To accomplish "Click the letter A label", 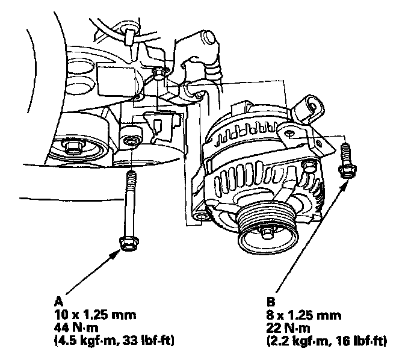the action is [59, 301].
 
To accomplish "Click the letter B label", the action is [271, 302].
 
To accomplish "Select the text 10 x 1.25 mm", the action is [95, 315].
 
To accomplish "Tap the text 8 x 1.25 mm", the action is [304, 315].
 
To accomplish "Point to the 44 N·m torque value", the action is [76, 327].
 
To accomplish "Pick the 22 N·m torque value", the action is [288, 328].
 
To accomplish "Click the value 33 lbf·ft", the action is [147, 341].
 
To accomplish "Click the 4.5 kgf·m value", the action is [86, 341].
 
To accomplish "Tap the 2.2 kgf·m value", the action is [298, 341].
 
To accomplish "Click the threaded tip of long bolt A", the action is [132, 176].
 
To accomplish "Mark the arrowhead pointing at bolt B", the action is [342, 185].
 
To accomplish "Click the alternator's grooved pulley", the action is [267, 226].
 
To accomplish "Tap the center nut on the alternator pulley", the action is [267, 233].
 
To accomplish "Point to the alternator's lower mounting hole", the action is [202, 217].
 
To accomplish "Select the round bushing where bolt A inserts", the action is [131, 141].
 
